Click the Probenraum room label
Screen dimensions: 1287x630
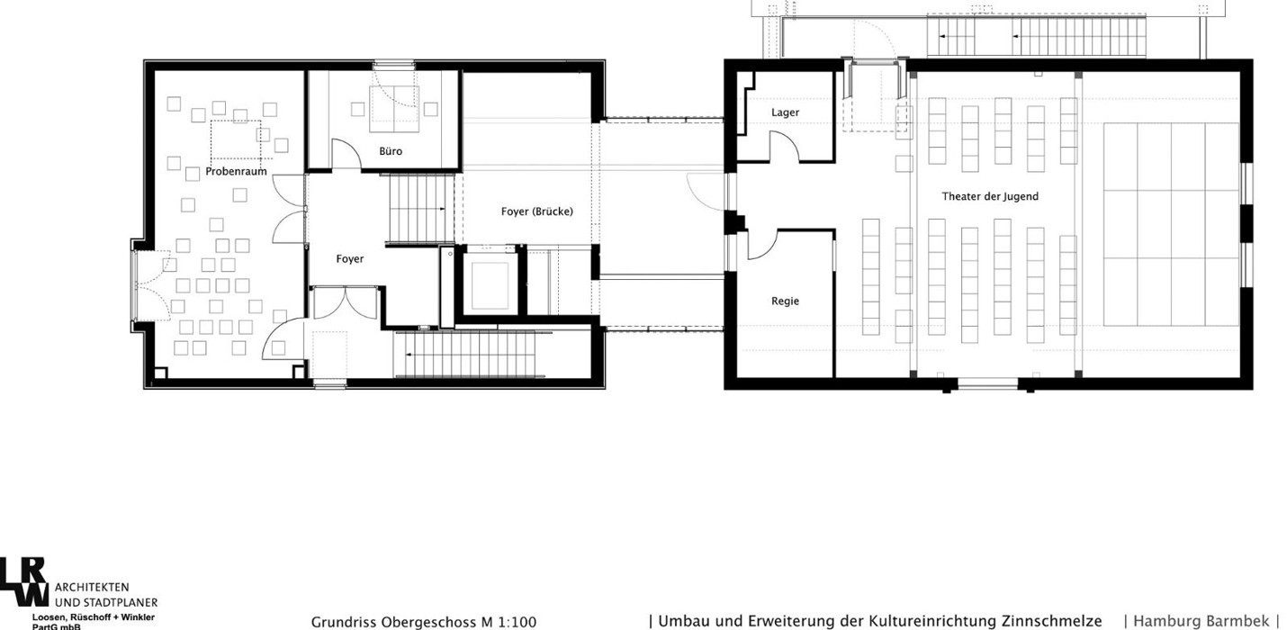(236, 171)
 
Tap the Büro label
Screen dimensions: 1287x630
(391, 151)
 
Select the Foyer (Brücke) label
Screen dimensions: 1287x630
(537, 211)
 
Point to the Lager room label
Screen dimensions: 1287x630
(786, 112)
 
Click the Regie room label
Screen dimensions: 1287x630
(786, 301)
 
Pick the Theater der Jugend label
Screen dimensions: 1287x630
(990, 196)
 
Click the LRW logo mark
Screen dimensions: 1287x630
(23, 581)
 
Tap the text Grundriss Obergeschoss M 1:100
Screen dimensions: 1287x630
(423, 622)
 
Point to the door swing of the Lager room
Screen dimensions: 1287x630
(784, 146)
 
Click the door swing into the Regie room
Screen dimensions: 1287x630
(762, 245)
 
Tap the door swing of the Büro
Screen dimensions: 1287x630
(347, 154)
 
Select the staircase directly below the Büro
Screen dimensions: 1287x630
(422, 209)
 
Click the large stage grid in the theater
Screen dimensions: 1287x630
(1171, 224)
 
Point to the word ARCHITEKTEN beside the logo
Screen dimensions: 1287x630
(92, 588)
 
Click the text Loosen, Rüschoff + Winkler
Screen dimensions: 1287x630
(94, 617)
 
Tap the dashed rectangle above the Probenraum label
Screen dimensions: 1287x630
(236, 139)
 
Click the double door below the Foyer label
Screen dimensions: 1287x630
(345, 302)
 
